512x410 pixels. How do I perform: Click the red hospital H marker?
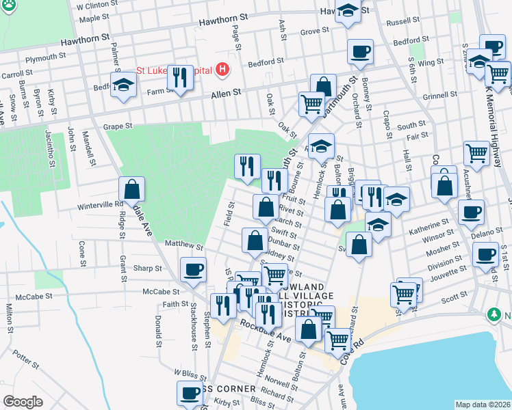[222, 69]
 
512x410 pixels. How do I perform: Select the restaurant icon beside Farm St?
[180, 78]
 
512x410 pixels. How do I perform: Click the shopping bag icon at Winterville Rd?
[131, 190]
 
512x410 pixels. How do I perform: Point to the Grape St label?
[117, 126]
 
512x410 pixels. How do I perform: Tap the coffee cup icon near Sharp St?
[193, 270]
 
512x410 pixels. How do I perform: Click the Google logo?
[23, 402]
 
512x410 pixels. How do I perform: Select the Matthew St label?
[184, 244]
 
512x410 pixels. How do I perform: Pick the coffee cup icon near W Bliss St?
[190, 394]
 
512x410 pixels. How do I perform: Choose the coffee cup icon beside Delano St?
[470, 213]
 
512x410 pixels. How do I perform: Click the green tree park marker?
[493, 314]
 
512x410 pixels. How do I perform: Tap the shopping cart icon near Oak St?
[311, 105]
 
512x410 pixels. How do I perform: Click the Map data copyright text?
[482, 404]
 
